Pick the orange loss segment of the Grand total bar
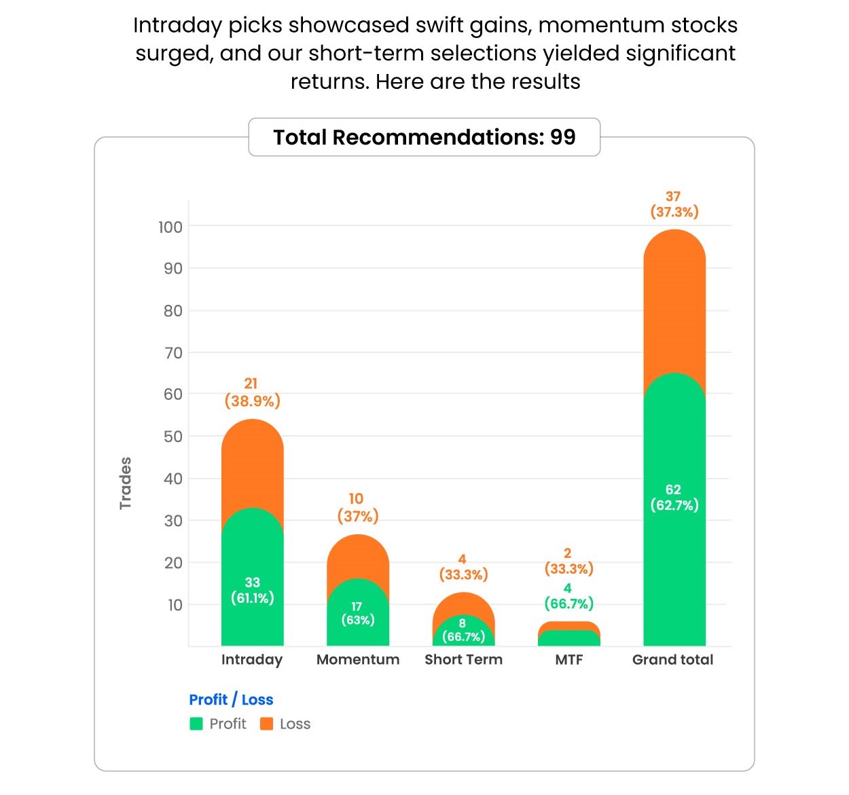tap(674, 306)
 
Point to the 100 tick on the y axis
tap(170, 227)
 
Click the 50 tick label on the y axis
tap(173, 437)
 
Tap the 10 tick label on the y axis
tap(175, 605)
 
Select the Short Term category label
tap(463, 659)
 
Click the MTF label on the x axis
tap(568, 659)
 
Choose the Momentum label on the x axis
tap(358, 659)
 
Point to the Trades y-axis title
tap(125, 483)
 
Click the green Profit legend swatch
tap(196, 724)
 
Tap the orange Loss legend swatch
tap(267, 724)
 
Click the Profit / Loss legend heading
tap(231, 699)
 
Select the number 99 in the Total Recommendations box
tap(562, 137)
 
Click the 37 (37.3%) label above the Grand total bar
tap(674, 204)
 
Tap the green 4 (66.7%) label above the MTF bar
tap(568, 596)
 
